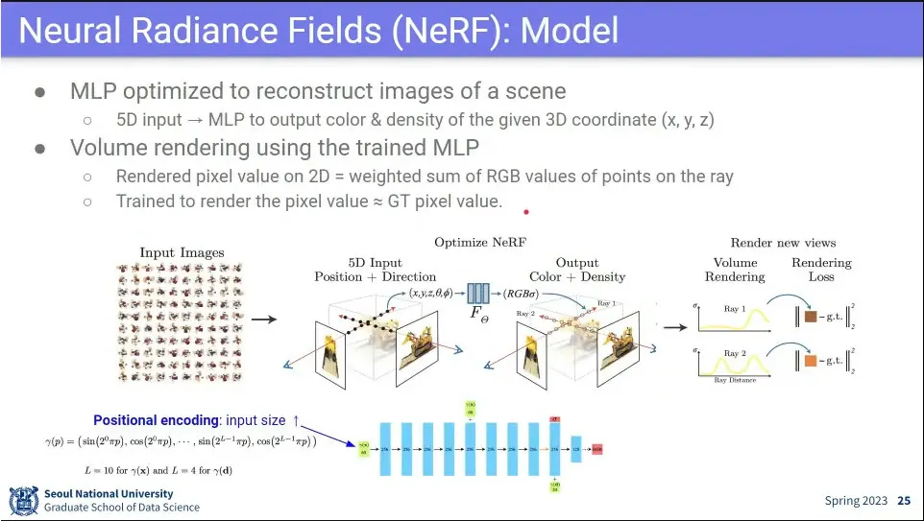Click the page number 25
904,501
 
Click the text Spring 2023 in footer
857,501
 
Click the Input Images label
182,253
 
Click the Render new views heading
783,243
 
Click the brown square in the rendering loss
809,316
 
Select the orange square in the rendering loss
809,362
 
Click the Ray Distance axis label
735,381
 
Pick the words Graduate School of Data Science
122,508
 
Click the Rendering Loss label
821,270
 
